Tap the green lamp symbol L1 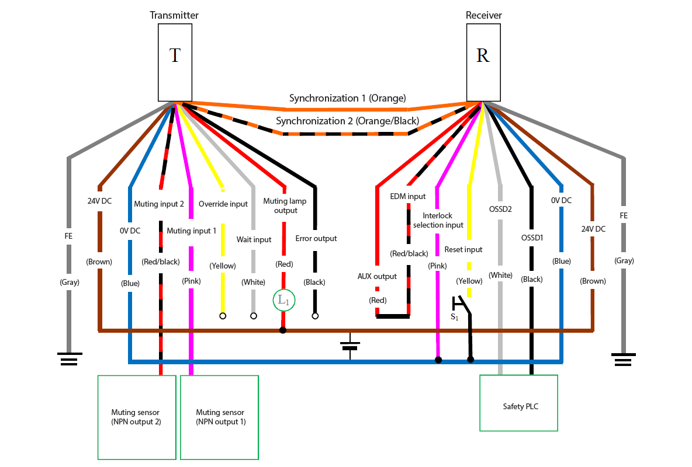pyautogui.click(x=283, y=301)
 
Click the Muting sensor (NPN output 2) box pyautogui.click(x=137, y=417)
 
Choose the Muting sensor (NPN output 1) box pyautogui.click(x=220, y=417)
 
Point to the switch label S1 pyautogui.click(x=454, y=317)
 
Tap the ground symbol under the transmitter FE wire pyautogui.click(x=69, y=358)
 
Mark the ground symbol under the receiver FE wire pyautogui.click(x=623, y=358)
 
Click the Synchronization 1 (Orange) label pyautogui.click(x=347, y=98)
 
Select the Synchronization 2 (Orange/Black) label pyautogui.click(x=347, y=121)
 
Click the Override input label pyautogui.click(x=223, y=204)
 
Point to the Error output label pyautogui.click(x=317, y=238)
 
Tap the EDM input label pyautogui.click(x=408, y=197)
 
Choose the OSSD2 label pyautogui.click(x=500, y=208)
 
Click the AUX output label pyautogui.click(x=377, y=276)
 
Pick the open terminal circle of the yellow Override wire pyautogui.click(x=222, y=316)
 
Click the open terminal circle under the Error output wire pyautogui.click(x=315, y=316)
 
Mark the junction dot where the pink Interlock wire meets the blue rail pyautogui.click(x=438, y=360)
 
